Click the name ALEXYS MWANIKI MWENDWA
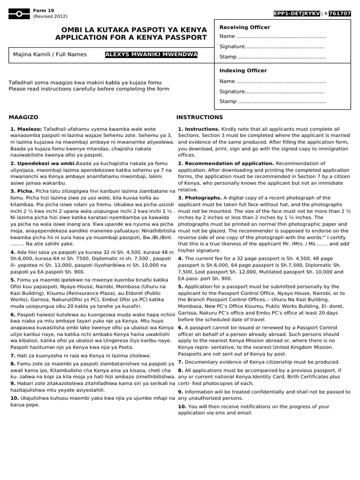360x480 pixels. pos(151,55)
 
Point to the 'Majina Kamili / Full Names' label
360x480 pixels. pos(50,55)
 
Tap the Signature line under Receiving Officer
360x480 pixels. pos(272,47)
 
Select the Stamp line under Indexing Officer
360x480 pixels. pos(272,101)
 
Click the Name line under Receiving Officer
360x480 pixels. pos(272,37)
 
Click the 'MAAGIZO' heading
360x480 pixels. pos(23,117)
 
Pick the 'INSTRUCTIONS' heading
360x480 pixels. pos(200,117)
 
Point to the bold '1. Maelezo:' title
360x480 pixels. pos(26,128)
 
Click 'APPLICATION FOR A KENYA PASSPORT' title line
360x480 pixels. pos(131,37)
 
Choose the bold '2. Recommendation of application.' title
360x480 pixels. pos(225,163)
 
